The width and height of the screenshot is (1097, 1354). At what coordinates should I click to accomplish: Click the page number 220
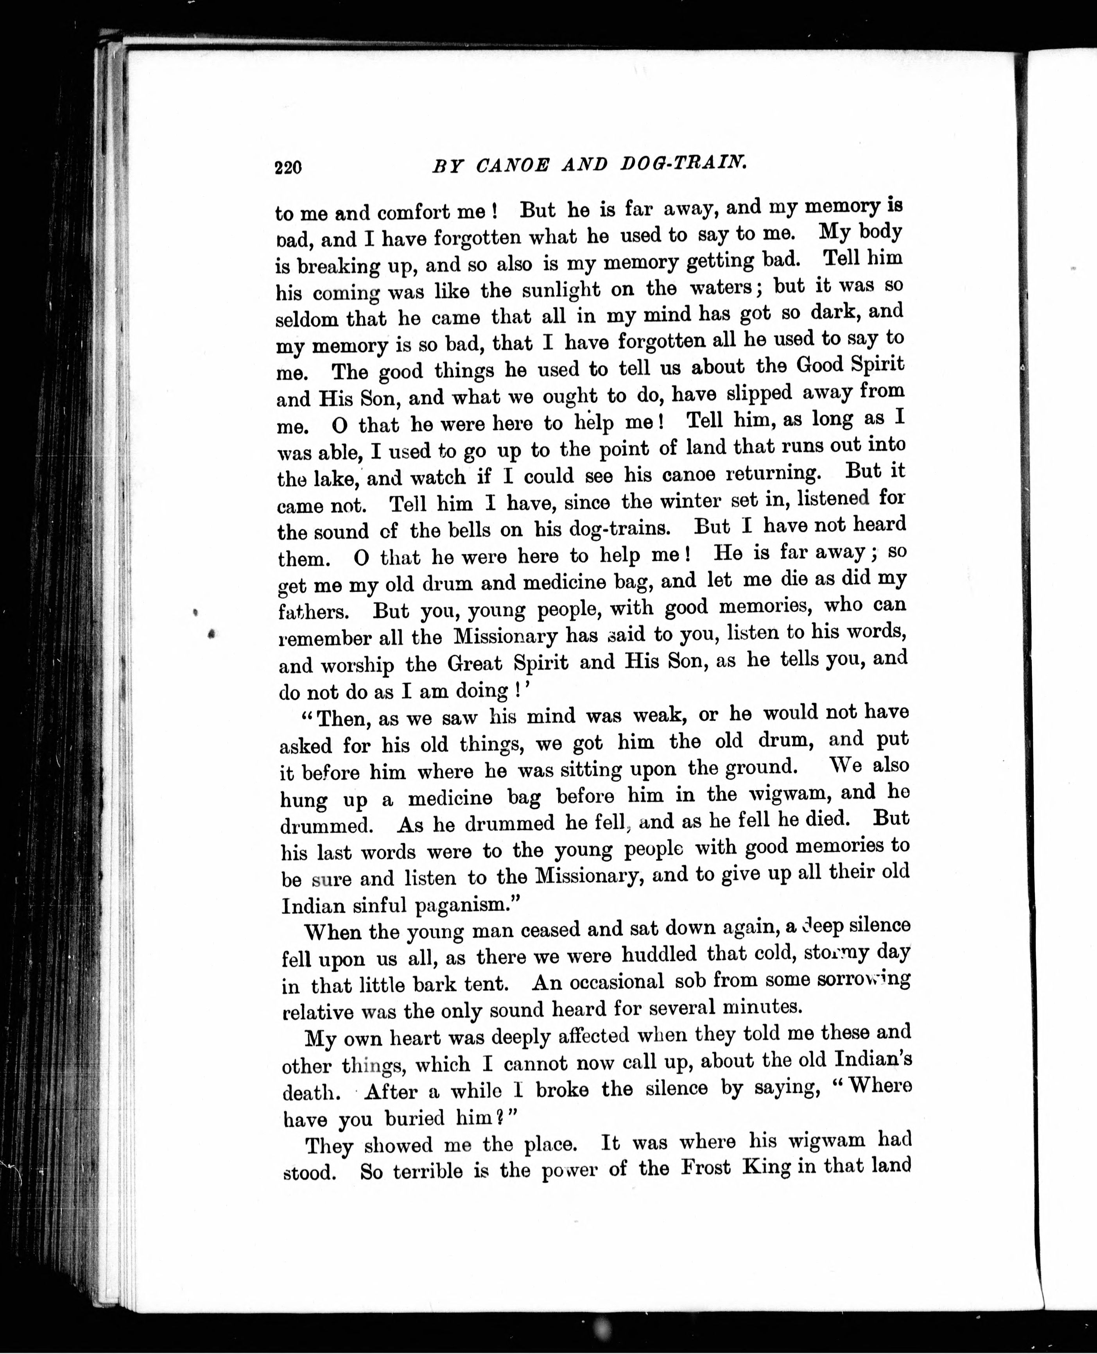tap(288, 167)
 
